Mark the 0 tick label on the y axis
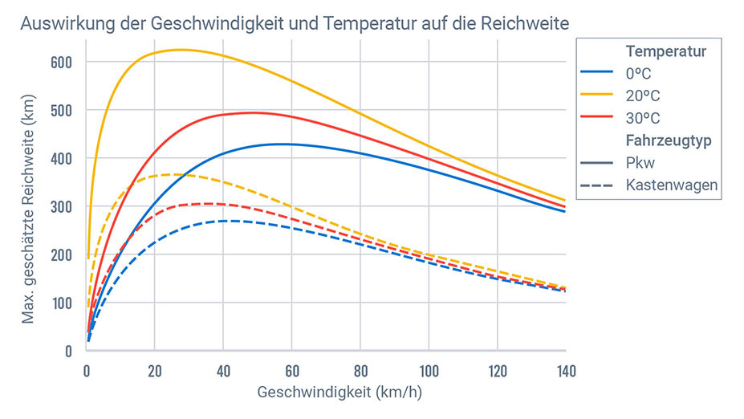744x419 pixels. tap(67, 351)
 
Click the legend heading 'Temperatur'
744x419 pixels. tap(666, 52)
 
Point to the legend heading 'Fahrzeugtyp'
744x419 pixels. tap(670, 140)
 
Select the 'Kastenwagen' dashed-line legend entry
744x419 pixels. tap(671, 185)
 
